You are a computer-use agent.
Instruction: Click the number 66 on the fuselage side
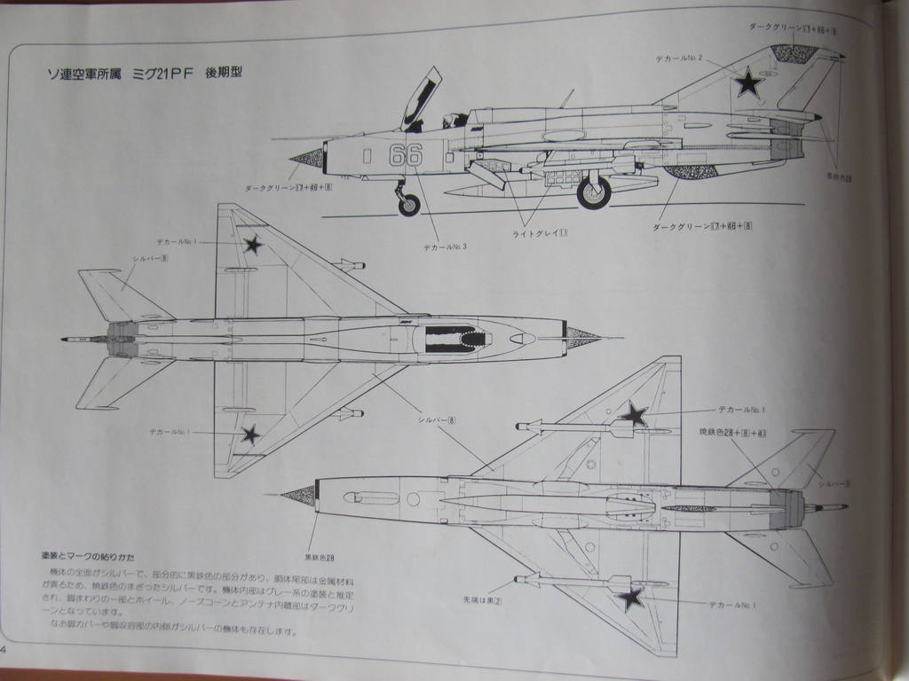click(406, 154)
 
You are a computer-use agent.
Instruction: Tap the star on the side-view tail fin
click(748, 82)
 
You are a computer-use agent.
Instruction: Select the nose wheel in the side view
click(408, 206)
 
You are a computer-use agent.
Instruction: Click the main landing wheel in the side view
click(594, 192)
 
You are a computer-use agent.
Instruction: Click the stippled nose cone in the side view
click(307, 160)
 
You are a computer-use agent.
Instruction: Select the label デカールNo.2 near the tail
click(679, 59)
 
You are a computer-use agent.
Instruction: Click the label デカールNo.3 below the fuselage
click(446, 247)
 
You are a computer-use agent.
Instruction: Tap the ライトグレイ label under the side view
click(540, 233)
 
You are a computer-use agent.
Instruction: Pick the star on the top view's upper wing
click(253, 244)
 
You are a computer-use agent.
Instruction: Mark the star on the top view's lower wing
click(251, 434)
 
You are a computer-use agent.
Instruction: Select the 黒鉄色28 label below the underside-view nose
click(319, 557)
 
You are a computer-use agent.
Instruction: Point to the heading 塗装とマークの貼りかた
click(88, 557)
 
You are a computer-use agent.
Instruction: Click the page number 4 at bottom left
click(4, 648)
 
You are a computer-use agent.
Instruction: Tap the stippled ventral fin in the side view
click(690, 171)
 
